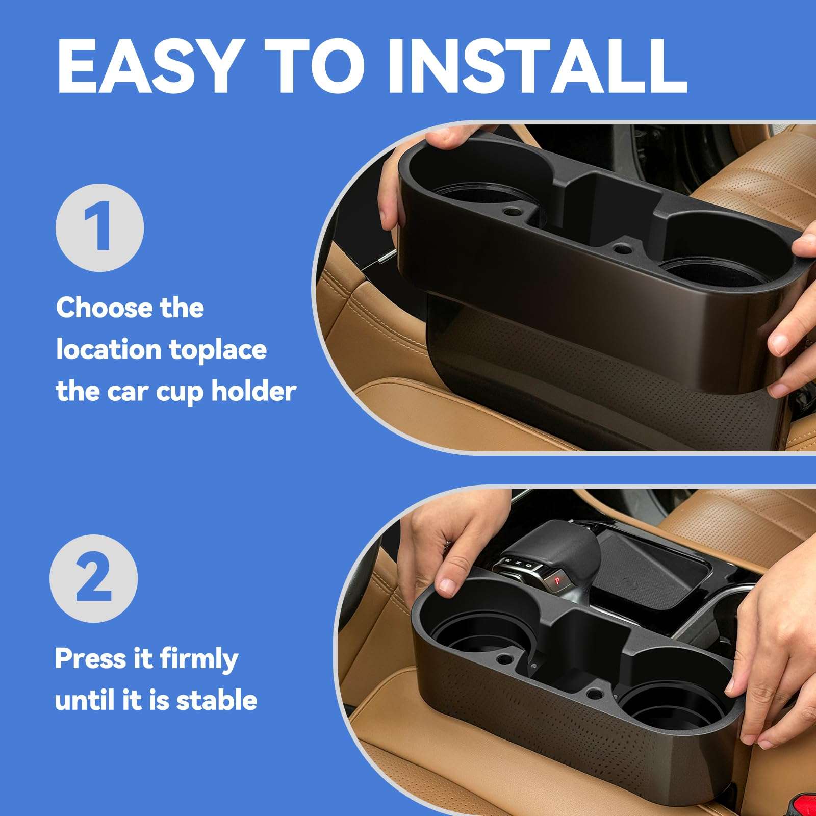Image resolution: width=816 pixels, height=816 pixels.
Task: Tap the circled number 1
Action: tap(100, 228)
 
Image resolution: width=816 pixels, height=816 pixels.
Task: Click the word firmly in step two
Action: tap(199, 659)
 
